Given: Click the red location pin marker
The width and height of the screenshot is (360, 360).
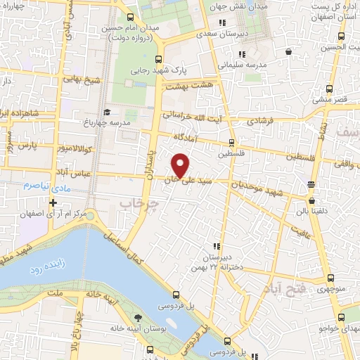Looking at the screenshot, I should point(181,165).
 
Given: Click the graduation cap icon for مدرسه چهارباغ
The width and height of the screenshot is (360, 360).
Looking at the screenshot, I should point(107,112).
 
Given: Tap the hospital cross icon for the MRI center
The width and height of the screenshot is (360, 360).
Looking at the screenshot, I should point(53,202).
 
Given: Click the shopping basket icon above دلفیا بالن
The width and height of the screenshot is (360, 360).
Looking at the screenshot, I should point(311,184).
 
